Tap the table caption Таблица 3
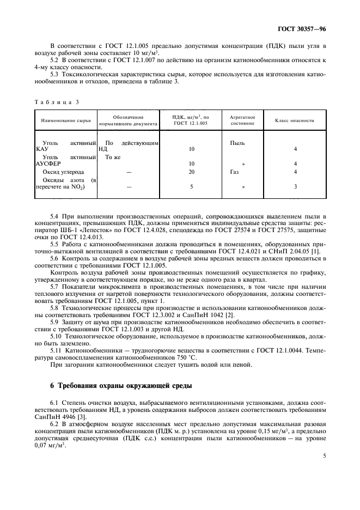[57, 102]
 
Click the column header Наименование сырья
[65, 120]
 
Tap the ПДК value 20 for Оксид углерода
[191, 172]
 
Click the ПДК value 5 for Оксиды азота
[191, 187]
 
